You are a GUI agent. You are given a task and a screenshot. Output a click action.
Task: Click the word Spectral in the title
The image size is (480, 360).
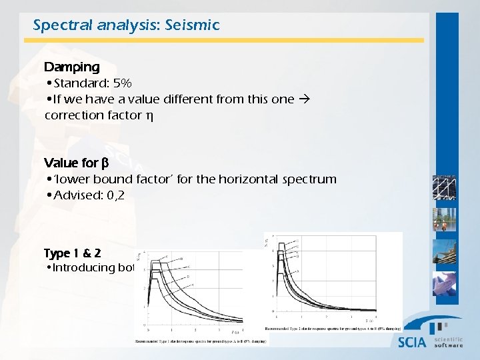57,25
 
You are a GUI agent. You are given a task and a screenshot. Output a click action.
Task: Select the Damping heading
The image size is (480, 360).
71,67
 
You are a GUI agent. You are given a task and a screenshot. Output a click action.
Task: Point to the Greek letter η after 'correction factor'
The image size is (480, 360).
149,115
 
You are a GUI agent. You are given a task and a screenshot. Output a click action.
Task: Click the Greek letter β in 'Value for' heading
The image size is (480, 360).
105,163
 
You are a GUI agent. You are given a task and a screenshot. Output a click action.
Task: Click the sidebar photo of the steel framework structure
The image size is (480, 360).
445,187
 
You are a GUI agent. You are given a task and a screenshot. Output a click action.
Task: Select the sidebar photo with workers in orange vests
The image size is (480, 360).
445,220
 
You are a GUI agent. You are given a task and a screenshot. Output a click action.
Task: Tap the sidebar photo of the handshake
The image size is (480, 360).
445,283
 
